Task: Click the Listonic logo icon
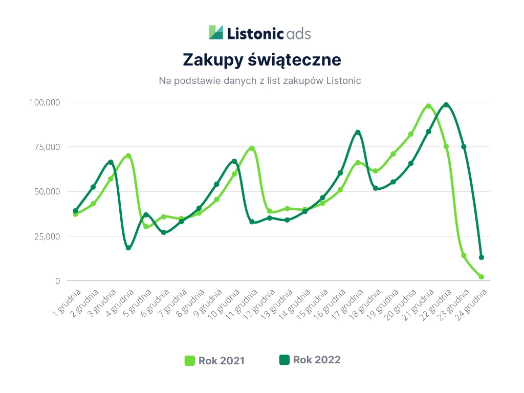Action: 216,32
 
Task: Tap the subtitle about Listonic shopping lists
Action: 260,81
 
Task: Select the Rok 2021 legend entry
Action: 214,361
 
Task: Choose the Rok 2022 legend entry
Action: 310,360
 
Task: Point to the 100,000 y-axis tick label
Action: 45,102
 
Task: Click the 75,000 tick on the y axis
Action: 47,147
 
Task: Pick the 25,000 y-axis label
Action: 47,236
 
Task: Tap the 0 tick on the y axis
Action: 58,281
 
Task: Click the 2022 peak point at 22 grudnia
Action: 446,105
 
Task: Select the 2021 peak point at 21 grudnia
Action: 428,106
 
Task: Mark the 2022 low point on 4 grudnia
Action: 128,248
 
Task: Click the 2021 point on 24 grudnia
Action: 482,277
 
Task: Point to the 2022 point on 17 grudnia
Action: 358,133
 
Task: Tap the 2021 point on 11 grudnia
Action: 252,148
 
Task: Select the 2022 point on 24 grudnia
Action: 482,257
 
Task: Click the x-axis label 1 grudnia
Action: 67,303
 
